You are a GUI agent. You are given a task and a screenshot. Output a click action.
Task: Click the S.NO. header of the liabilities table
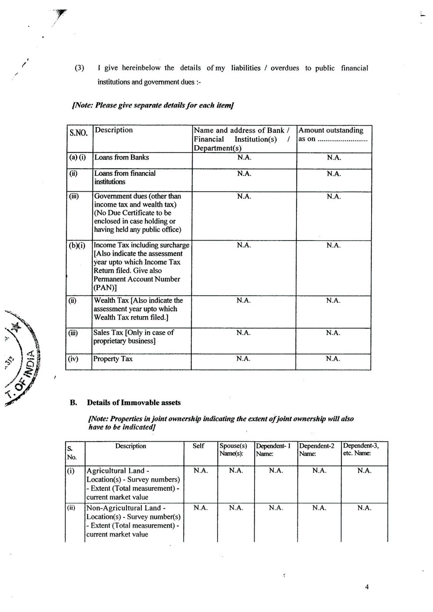click(78, 132)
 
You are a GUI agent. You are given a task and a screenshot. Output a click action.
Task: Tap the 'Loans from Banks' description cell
click(122, 157)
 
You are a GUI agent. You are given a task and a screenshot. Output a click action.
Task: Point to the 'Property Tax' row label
click(113, 359)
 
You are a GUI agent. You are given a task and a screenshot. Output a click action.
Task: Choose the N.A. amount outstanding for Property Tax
click(333, 359)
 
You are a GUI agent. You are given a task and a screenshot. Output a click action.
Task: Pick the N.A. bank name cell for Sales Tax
click(243, 333)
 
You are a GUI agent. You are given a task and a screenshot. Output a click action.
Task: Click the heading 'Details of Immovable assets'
click(134, 403)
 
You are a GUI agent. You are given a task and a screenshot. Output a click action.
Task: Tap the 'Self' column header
click(198, 446)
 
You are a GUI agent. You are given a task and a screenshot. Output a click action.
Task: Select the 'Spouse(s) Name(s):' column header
click(233, 449)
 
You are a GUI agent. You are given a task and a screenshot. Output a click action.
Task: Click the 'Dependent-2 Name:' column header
click(317, 450)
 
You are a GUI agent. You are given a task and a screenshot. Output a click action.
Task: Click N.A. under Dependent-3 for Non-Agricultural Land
click(364, 508)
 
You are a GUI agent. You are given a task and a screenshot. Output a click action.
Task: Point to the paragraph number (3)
click(79, 68)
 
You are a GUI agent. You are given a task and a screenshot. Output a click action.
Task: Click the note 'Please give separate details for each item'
click(153, 105)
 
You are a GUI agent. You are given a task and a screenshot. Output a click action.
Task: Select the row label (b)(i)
click(77, 245)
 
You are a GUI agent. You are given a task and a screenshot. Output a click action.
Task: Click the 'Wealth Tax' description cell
click(138, 309)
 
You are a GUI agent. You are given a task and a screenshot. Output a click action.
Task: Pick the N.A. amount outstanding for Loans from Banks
click(334, 157)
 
